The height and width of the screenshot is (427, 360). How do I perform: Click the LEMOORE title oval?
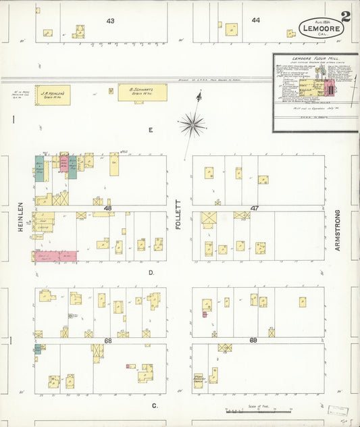322,28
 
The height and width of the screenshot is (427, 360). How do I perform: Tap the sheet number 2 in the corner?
346,16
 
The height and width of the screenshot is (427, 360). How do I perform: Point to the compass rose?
193,123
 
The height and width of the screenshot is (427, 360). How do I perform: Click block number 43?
110,21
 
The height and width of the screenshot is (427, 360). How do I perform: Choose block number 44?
256,20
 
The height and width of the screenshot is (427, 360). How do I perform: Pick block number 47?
255,209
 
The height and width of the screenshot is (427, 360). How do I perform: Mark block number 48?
107,209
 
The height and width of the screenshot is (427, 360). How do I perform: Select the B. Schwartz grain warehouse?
143,93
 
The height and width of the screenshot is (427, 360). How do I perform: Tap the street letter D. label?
152,272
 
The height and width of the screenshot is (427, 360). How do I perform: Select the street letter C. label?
155,405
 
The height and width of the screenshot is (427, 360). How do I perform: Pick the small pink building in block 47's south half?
204,314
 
